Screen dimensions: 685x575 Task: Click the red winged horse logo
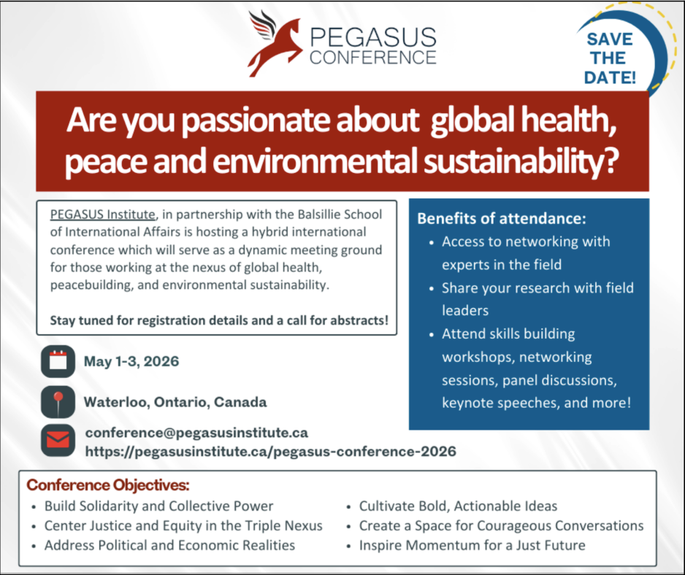(x=275, y=44)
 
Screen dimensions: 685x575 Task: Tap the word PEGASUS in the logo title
(x=373, y=37)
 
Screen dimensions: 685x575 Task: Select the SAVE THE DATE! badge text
(x=610, y=58)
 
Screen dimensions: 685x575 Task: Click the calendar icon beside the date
(x=58, y=361)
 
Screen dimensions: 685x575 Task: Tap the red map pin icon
(x=58, y=401)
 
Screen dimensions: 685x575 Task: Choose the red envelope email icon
(x=58, y=440)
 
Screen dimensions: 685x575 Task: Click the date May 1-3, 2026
(x=131, y=361)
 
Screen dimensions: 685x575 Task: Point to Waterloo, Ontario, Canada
(x=175, y=401)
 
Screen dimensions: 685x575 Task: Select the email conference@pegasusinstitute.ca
(x=196, y=433)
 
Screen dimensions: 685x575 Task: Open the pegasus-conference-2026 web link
(x=271, y=451)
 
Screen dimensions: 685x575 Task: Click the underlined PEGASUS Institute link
(x=103, y=215)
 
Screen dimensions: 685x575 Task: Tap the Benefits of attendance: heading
(x=502, y=218)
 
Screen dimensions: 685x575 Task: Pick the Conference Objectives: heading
(x=108, y=485)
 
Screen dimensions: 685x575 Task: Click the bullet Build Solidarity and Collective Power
(x=159, y=506)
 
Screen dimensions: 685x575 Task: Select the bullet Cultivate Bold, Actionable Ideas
(x=459, y=506)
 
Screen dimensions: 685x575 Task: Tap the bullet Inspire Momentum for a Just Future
(x=472, y=545)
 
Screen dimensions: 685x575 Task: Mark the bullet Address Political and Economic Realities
(x=170, y=545)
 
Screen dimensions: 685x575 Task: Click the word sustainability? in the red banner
(x=521, y=161)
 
